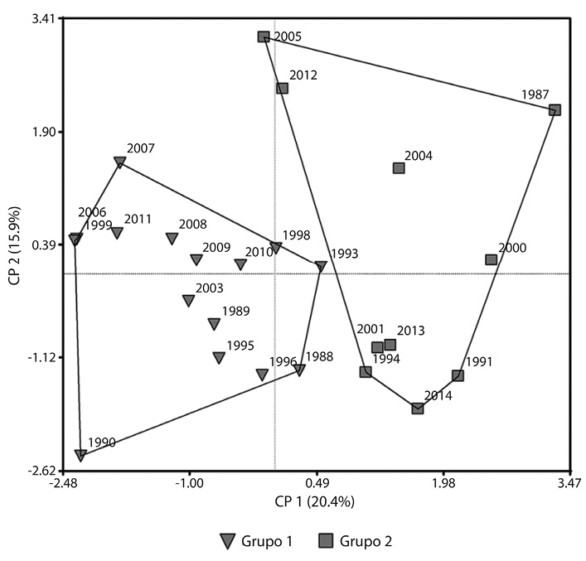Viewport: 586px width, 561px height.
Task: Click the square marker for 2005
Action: click(x=264, y=36)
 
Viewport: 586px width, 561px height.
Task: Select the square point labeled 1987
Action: click(x=555, y=109)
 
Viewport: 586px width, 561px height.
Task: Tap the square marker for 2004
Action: click(x=399, y=168)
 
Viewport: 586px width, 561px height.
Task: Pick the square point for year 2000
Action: click(x=491, y=259)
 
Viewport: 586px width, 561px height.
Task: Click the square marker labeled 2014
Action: click(x=418, y=408)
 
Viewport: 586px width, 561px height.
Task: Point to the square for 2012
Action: click(x=282, y=88)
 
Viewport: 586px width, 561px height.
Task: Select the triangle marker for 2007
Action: click(x=119, y=163)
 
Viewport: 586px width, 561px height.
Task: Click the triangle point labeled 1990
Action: click(x=80, y=455)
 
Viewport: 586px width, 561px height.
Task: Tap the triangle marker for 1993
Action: click(x=321, y=266)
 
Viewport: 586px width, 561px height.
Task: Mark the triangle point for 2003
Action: click(x=189, y=300)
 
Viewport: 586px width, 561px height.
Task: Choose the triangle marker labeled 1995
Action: click(x=219, y=358)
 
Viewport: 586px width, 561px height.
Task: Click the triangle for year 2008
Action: click(x=172, y=239)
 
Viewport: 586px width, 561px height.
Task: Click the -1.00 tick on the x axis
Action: click(x=190, y=483)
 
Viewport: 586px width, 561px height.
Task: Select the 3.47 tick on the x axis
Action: click(x=569, y=483)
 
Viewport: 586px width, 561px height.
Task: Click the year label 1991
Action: click(x=479, y=362)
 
